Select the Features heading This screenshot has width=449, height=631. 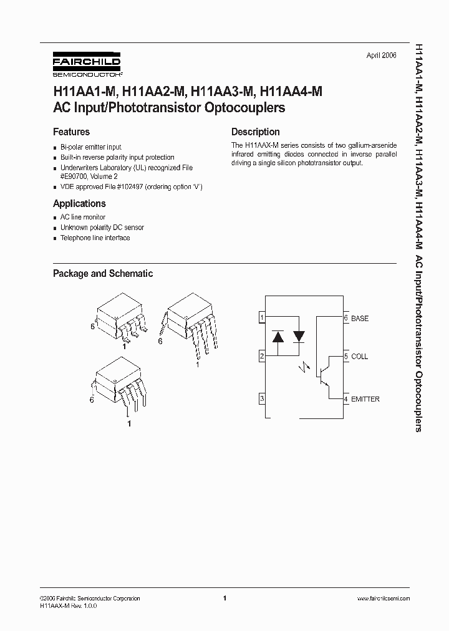click(x=71, y=132)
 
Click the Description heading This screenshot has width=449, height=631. click(x=255, y=132)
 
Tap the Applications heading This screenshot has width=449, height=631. click(x=79, y=204)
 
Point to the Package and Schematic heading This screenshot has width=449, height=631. click(x=103, y=274)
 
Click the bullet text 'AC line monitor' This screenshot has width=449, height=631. click(x=83, y=218)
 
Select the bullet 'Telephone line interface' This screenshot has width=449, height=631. click(x=95, y=238)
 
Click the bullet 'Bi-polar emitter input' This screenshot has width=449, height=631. click(x=91, y=147)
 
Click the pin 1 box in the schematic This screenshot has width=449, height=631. click(x=263, y=318)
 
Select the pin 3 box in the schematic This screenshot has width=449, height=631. click(x=263, y=399)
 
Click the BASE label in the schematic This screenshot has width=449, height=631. click(x=360, y=319)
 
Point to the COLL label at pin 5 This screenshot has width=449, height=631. click(x=359, y=357)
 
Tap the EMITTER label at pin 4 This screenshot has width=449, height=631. click(x=365, y=399)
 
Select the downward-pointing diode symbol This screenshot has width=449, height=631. click(x=299, y=337)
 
